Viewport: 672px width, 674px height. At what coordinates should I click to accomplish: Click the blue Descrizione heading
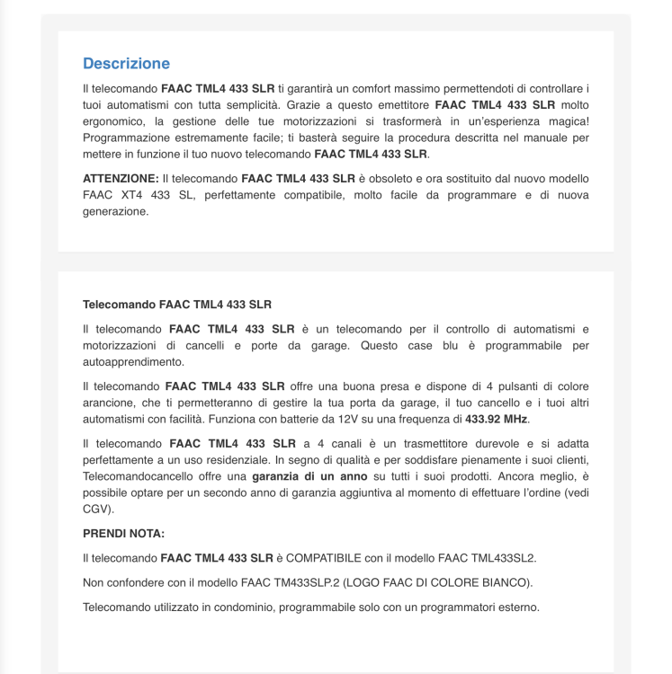pos(126,64)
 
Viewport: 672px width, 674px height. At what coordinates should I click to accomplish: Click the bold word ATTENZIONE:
pos(121,179)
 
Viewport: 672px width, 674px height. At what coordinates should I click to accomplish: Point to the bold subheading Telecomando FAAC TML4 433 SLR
pos(177,305)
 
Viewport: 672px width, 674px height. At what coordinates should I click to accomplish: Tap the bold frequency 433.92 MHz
pos(497,419)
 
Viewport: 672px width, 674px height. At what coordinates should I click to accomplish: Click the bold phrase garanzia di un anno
pos(309,475)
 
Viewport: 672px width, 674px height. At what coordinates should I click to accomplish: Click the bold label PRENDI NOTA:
pos(124,533)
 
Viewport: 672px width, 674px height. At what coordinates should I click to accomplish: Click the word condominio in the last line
pos(237,607)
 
